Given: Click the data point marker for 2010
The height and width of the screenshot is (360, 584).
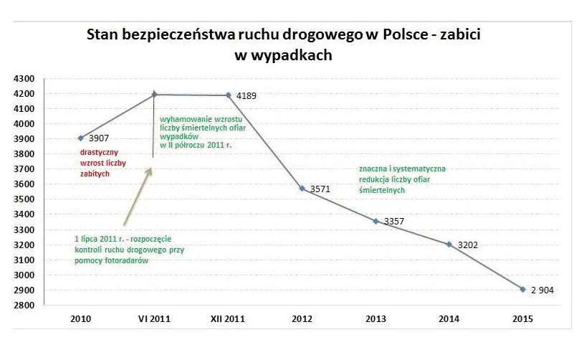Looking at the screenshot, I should click(x=82, y=138).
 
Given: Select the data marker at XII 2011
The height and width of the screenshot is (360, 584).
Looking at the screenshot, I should click(x=229, y=95).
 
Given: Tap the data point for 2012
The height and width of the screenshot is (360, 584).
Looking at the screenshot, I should click(x=302, y=188).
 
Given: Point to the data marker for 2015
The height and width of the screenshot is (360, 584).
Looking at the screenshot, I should click(x=522, y=289).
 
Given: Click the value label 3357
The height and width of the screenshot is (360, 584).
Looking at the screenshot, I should click(x=394, y=222).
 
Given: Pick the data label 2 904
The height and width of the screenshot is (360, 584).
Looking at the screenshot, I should click(x=542, y=290).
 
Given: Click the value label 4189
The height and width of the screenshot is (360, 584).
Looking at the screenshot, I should click(x=246, y=95).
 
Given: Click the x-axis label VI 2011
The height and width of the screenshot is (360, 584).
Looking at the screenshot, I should click(x=154, y=319).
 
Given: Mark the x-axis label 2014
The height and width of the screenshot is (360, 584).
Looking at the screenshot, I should click(x=449, y=319).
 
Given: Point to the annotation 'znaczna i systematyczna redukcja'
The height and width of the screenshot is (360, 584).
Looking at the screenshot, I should click(x=402, y=179).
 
